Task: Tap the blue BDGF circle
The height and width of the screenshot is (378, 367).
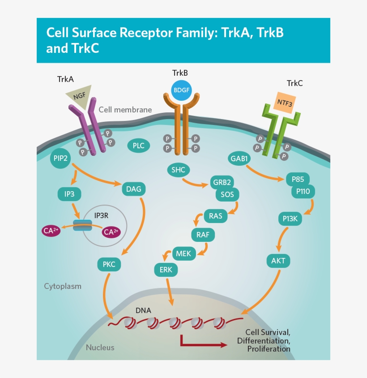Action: coord(181,90)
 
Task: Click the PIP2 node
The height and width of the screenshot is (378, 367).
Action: coord(61,159)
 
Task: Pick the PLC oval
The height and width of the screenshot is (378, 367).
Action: coord(138,146)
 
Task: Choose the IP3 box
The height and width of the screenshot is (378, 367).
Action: coord(69,194)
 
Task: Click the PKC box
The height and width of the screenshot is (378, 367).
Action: coord(109,264)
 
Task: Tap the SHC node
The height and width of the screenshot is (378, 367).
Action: coord(178,170)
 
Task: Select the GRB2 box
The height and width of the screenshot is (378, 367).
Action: coord(222,183)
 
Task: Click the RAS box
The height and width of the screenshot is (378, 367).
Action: coord(215,216)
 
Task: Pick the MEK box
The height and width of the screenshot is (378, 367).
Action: coord(183,254)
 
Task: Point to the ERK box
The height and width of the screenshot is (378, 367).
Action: coord(166,270)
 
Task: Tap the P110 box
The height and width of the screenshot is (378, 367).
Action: coord(303,192)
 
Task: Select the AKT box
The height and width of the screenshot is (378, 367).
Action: coord(278,260)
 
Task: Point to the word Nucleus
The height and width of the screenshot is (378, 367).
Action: coord(100,347)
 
